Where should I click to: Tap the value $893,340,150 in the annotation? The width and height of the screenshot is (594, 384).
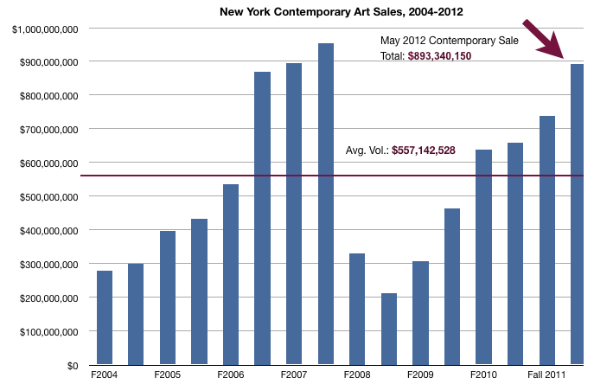(439, 55)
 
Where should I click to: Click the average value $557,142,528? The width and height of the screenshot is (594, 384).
(424, 150)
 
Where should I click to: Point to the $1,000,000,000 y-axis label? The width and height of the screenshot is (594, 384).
(47, 29)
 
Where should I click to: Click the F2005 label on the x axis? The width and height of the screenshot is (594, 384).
(168, 376)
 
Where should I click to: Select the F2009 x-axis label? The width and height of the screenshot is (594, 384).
(420, 376)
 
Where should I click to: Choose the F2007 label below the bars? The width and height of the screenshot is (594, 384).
(294, 376)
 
